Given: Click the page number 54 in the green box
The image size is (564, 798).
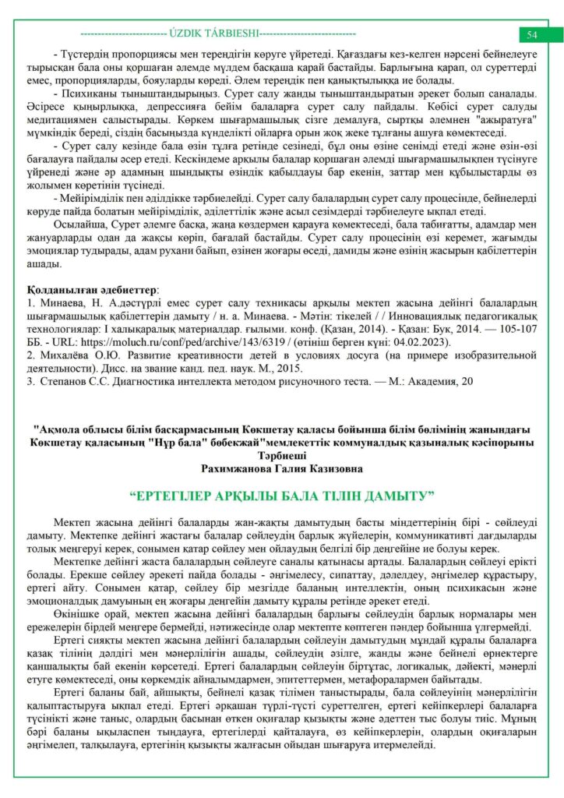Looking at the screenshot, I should tap(532, 35).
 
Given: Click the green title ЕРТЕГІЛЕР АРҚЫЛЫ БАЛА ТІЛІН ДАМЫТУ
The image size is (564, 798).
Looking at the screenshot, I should tap(281, 496).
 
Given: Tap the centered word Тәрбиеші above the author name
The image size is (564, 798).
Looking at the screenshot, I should tap(281, 456).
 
